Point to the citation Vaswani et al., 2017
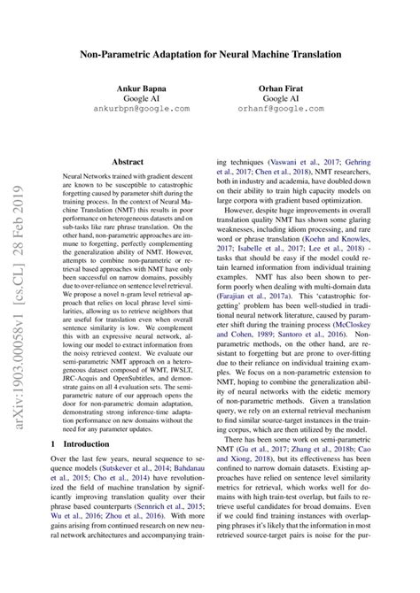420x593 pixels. (x=311, y=163)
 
